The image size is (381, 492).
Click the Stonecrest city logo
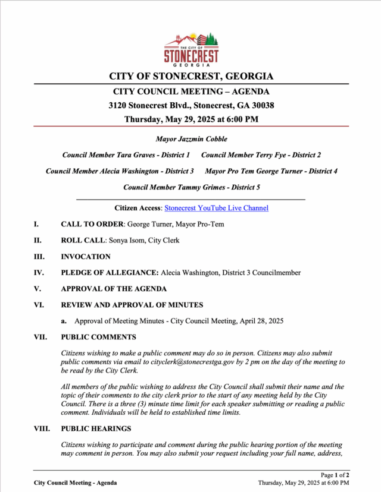[x=191, y=48]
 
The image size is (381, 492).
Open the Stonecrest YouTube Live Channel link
[x=216, y=208]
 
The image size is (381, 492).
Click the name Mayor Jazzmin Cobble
[x=191, y=139]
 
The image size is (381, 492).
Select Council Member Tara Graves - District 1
[x=126, y=155]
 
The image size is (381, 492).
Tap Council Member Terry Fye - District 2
[x=261, y=155]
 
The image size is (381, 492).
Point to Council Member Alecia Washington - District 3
[x=120, y=171]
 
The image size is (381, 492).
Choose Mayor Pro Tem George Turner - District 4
[x=271, y=171]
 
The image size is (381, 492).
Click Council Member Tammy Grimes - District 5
[x=191, y=187]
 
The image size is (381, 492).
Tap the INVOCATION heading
[x=86, y=257]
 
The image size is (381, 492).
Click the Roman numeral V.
[x=37, y=289]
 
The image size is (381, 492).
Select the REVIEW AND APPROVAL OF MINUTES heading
[x=132, y=305]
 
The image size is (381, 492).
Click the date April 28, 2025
[x=260, y=321]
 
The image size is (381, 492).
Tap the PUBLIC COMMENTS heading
[x=98, y=337]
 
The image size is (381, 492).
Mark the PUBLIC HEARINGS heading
[x=96, y=428]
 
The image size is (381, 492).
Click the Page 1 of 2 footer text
[x=335, y=475]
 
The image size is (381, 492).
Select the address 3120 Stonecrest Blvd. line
[x=191, y=105]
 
